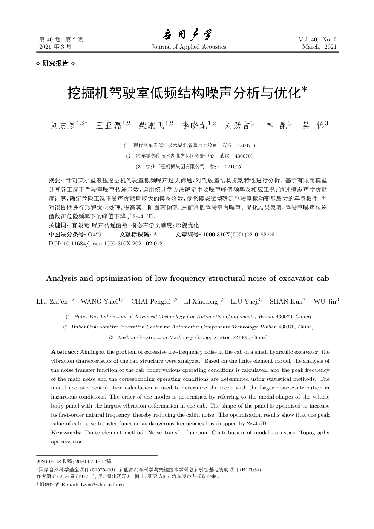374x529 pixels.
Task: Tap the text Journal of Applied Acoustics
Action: pyautogui.click(x=189, y=47)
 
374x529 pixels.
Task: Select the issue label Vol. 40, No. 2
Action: pyautogui.click(x=317, y=40)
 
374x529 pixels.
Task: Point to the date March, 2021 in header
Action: pyautogui.click(x=319, y=47)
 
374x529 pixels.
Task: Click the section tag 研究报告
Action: pyautogui.click(x=55, y=63)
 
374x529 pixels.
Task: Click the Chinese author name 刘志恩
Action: pyautogui.click(x=63, y=126)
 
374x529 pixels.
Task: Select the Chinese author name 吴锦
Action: pyautogui.click(x=313, y=126)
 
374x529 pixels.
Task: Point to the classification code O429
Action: pyautogui.click(x=94, y=235)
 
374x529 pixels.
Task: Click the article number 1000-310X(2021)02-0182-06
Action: pyautogui.click(x=238, y=235)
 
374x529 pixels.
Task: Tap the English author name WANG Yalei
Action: pyautogui.click(x=99, y=301)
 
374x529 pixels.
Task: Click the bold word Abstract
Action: pyautogui.click(x=64, y=352)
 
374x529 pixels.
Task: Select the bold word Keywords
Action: pyautogui.click(x=66, y=432)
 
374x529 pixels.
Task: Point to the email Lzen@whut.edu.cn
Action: pyautogui.click(x=102, y=485)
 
